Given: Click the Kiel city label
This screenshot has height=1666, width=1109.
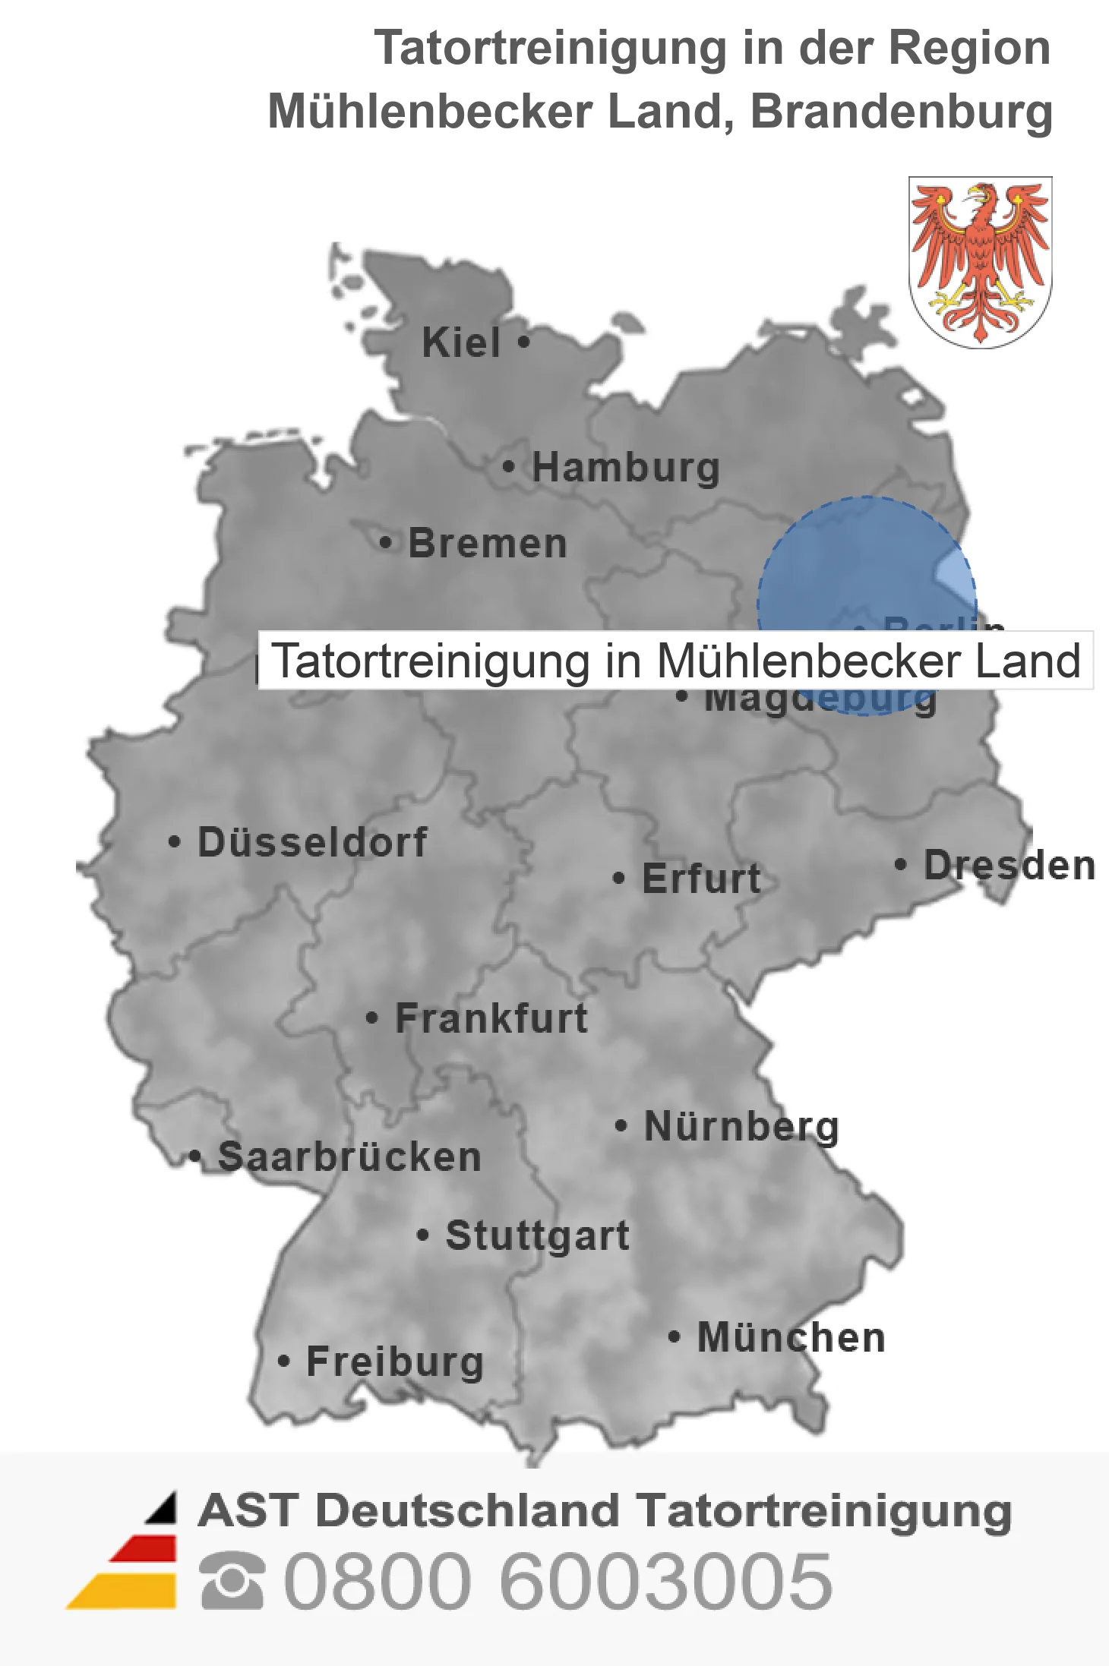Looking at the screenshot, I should click(461, 343).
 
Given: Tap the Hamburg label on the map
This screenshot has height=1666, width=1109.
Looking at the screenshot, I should click(625, 468).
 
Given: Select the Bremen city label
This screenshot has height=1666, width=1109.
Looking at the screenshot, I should click(488, 544).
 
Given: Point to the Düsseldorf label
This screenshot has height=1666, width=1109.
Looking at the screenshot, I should click(312, 843).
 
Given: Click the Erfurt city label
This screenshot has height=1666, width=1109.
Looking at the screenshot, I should click(701, 879).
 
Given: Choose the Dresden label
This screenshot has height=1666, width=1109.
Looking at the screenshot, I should click(1009, 866).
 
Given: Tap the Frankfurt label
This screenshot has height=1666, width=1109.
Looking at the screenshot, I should click(491, 1019).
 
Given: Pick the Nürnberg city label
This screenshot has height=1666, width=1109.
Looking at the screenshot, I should click(741, 1127).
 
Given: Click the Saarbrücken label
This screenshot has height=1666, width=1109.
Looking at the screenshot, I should click(349, 1158).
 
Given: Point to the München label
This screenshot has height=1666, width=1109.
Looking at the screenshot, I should click(791, 1338).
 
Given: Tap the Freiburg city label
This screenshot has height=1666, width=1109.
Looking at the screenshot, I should click(395, 1362).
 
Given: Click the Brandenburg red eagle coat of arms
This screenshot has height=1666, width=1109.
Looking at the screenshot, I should click(980, 262).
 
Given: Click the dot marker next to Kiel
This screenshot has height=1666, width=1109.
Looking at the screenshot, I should click(523, 342).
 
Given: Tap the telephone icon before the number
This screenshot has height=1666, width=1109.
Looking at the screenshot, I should click(232, 1581).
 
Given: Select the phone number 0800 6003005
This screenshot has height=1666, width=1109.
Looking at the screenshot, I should click(558, 1581).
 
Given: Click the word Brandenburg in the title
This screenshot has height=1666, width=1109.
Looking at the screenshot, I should click(901, 112).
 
